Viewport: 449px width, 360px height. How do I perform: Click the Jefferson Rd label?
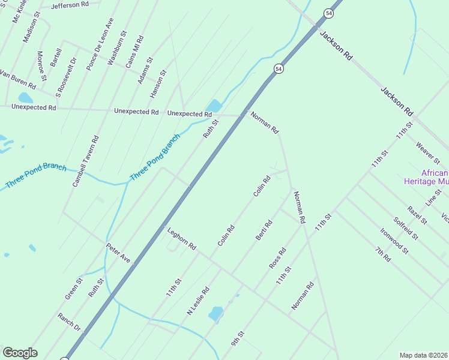pos(70,5)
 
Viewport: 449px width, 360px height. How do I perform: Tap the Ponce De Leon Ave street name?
pos(100,44)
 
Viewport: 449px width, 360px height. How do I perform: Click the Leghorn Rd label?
pos(182,238)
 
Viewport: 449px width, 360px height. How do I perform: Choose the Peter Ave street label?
pos(118,253)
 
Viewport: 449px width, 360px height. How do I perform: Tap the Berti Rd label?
pos(264,230)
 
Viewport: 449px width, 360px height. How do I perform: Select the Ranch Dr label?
pos(69,322)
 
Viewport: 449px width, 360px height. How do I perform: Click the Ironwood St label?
pos(394,240)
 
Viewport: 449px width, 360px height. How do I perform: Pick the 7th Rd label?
pos(382,254)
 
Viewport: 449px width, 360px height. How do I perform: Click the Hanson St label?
pos(157,86)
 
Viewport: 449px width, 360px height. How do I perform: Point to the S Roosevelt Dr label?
pos(67,77)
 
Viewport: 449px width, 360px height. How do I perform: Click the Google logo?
pos(20,353)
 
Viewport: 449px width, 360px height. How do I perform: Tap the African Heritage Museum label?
pos(426,177)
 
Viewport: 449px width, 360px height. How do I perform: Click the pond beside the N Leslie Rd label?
pos(215,313)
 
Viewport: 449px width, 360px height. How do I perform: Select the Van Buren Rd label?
pos(17,79)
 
